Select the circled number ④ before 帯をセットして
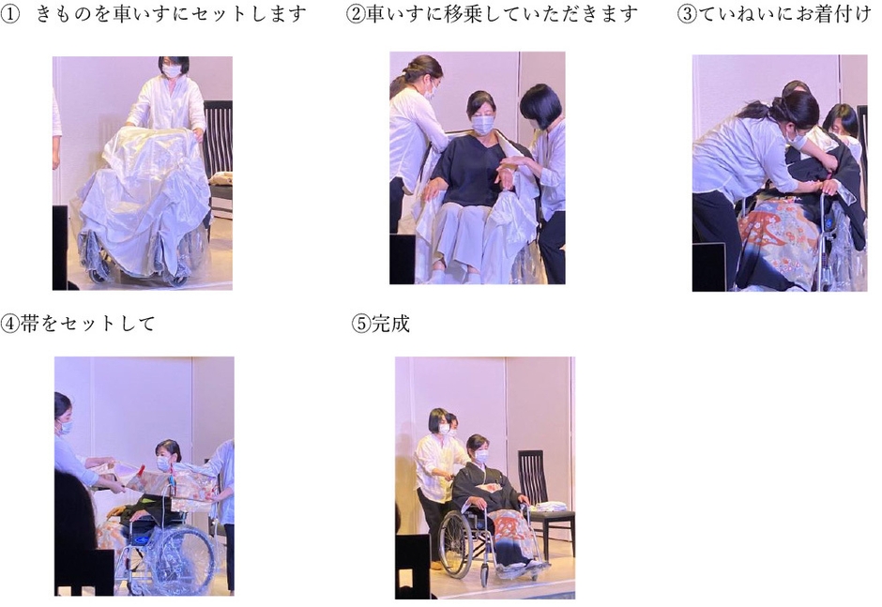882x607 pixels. [9, 325]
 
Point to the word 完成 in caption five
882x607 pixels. [391, 325]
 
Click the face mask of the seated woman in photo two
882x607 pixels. [482, 124]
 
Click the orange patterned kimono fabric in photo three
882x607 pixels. [776, 230]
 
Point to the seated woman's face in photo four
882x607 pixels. [164, 459]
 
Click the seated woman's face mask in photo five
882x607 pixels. [481, 457]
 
